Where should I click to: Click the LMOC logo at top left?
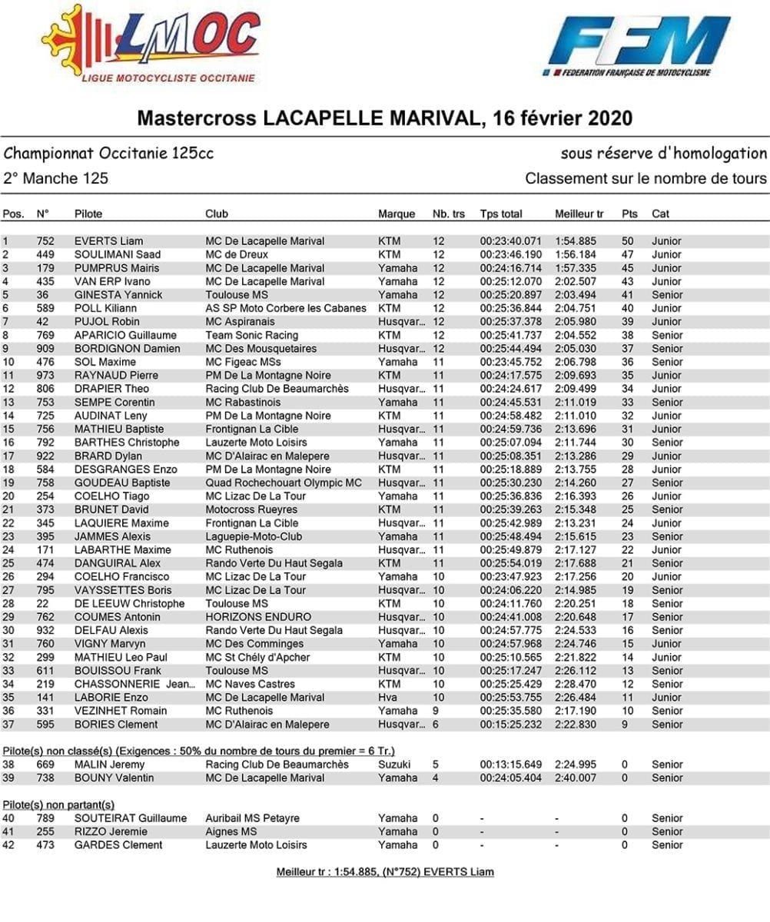tap(151, 43)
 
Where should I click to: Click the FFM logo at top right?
tap(638, 43)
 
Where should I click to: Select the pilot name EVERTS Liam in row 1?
tap(108, 241)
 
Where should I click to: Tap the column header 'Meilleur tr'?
tap(579, 214)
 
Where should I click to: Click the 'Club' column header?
tap(216, 214)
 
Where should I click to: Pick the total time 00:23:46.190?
tap(511, 254)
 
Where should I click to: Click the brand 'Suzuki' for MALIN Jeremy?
tap(394, 764)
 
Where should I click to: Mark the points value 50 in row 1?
tap(628, 241)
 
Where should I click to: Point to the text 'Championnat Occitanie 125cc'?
tap(108, 154)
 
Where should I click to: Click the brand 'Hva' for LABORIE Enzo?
tap(387, 698)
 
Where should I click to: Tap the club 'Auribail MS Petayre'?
tap(252, 818)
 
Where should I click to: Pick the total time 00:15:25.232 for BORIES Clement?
tap(511, 725)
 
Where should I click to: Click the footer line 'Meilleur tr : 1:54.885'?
tap(385, 872)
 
